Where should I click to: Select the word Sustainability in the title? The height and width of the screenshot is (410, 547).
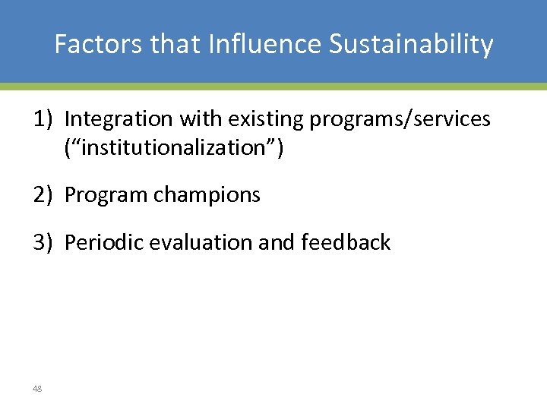point(411,46)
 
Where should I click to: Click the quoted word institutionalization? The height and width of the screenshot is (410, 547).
point(174,147)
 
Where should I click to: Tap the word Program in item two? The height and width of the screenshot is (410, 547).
point(106,195)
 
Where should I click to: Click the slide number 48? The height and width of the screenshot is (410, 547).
point(37,389)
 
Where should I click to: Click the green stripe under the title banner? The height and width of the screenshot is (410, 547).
point(273,87)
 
